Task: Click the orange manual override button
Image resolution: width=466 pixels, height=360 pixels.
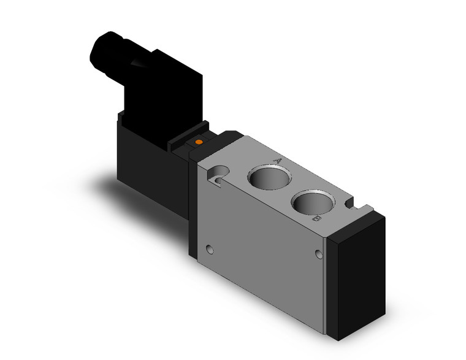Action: click(x=198, y=143)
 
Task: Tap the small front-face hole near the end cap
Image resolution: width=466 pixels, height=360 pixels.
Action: click(x=319, y=253)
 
